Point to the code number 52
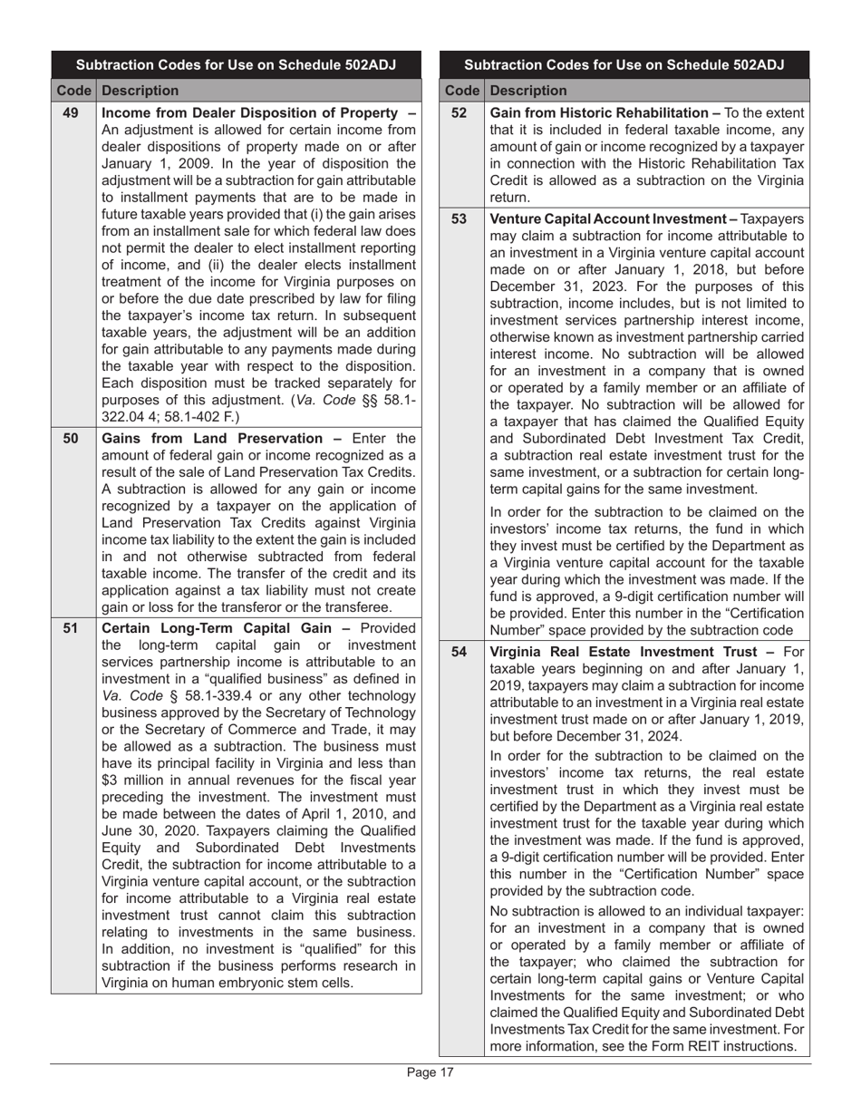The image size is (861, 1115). tap(460, 113)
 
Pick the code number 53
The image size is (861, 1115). tap(460, 219)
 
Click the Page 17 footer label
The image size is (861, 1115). tap(430, 1073)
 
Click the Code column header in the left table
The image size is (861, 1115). tap(73, 91)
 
